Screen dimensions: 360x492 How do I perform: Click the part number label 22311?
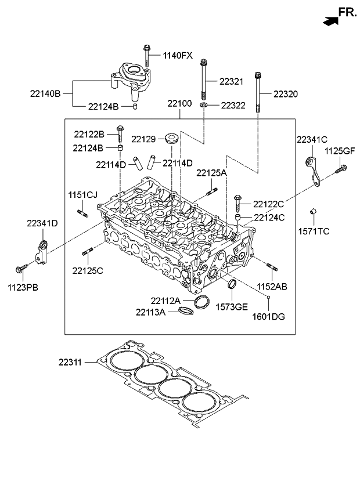[x=70, y=363]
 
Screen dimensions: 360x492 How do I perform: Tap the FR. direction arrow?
[x=330, y=21]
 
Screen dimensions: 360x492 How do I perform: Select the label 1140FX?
[x=178, y=56]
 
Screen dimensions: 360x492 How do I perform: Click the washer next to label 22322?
[x=204, y=104]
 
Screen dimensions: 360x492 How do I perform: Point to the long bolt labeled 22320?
[x=258, y=93]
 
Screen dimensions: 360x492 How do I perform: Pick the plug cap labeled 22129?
[x=172, y=139]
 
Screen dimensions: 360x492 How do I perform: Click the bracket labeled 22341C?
[x=313, y=172]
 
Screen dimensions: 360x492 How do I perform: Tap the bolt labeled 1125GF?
[x=341, y=169]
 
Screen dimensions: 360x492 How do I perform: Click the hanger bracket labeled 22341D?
[x=41, y=252]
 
